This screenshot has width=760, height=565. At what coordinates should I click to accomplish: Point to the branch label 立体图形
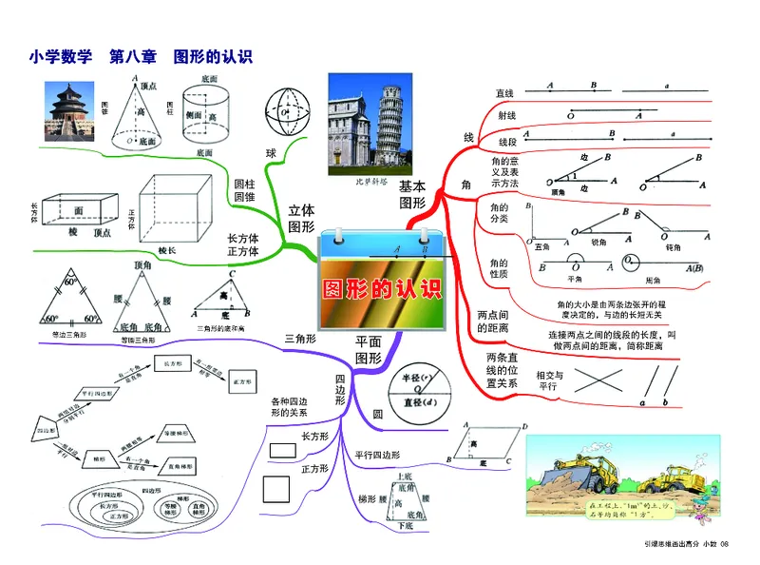301,218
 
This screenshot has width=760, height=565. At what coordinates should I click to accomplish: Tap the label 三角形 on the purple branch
300,338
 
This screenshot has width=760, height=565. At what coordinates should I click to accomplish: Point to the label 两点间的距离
492,321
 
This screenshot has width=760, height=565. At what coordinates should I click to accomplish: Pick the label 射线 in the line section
506,116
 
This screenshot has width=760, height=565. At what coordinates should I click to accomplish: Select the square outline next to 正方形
276,488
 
